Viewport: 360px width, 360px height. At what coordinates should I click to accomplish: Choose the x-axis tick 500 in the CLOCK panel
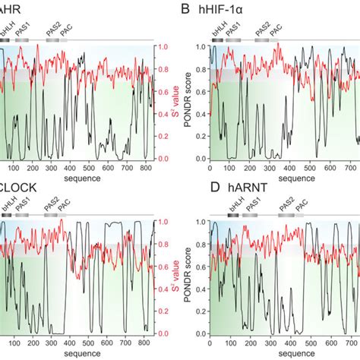pos(88,344)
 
